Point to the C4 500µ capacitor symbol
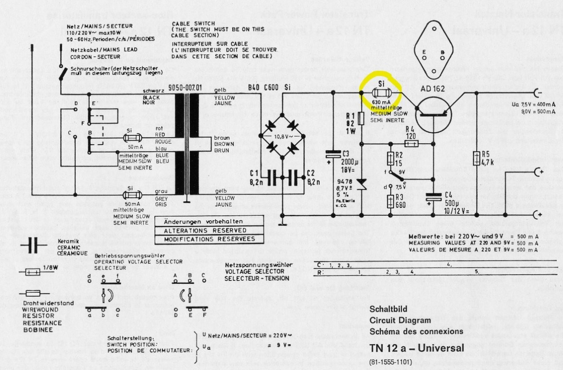pos(433,199)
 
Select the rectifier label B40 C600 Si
pos(269,87)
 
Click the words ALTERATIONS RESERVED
pos(205,231)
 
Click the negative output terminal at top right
pos(537,93)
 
